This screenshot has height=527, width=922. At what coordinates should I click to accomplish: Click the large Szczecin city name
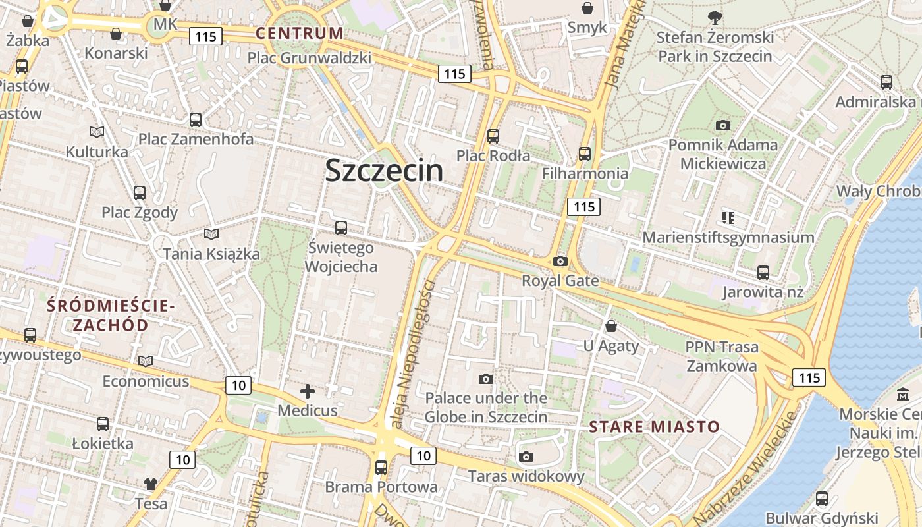384,171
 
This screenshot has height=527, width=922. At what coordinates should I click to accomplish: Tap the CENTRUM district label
300,33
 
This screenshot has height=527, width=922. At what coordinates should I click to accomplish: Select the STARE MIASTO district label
655,426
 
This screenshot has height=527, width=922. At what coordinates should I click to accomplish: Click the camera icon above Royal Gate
560,261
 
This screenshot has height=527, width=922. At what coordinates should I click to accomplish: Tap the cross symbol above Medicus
308,392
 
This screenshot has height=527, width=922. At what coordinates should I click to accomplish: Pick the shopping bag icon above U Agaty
611,326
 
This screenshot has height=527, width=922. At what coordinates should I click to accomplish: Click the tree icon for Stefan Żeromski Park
715,17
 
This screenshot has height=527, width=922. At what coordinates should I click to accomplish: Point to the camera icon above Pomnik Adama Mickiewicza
722,125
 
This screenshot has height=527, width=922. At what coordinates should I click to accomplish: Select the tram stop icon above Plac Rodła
493,136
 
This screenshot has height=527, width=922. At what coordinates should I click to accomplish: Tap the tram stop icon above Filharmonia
584,154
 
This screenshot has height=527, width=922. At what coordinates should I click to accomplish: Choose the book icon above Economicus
146,361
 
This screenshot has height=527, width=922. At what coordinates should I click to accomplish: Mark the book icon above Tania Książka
211,234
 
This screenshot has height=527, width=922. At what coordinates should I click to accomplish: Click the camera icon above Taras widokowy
526,457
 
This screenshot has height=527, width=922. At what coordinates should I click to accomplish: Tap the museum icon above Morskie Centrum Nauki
902,395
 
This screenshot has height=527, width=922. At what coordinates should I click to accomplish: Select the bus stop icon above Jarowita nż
763,272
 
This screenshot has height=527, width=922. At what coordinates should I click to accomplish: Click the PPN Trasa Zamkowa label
722,356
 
